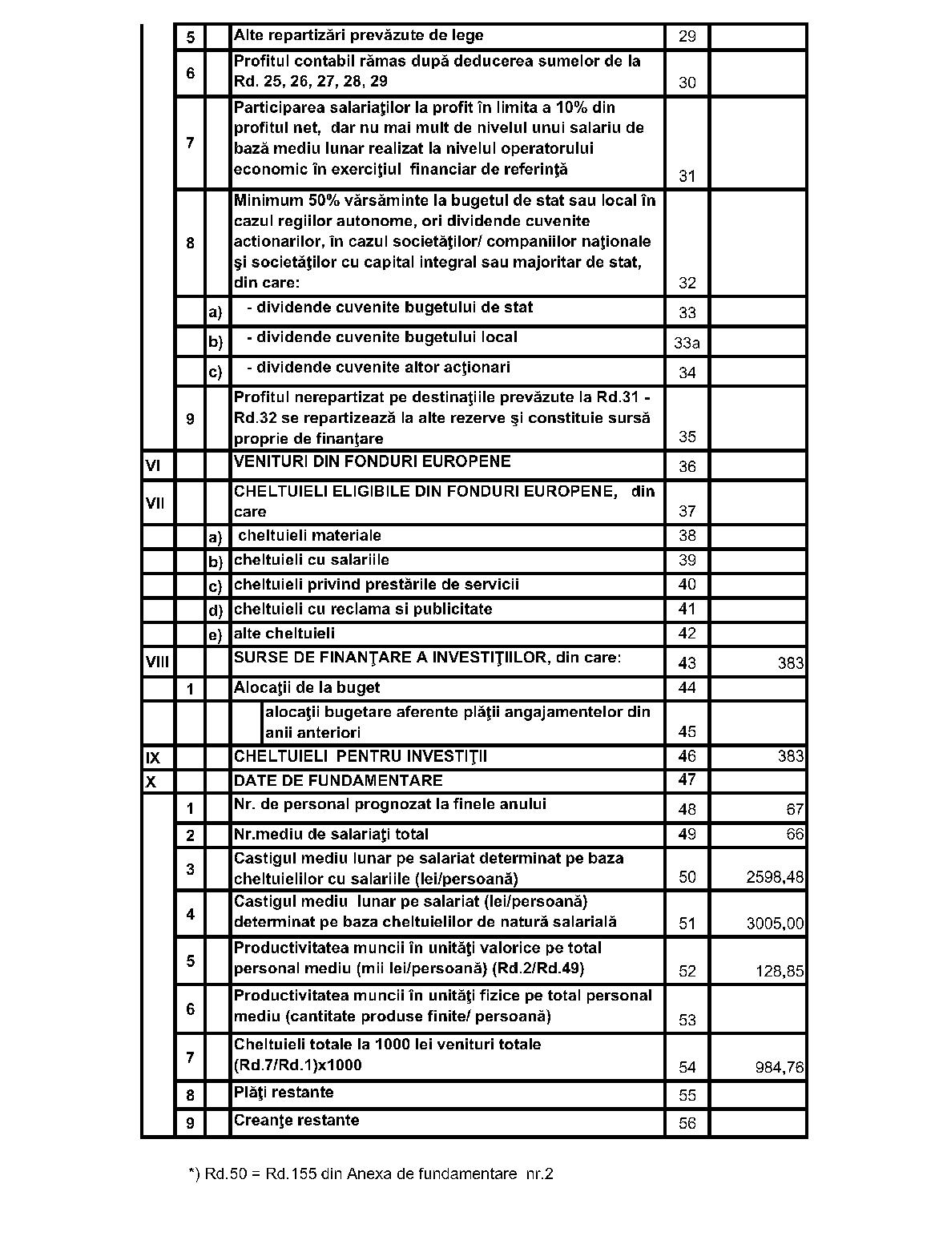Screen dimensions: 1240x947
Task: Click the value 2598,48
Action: [x=775, y=877]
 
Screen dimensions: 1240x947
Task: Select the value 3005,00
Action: [x=775, y=924]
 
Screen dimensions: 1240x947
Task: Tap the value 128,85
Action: [x=780, y=972]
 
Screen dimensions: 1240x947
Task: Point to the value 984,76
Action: [x=780, y=1067]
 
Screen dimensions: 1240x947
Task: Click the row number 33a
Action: [x=687, y=343]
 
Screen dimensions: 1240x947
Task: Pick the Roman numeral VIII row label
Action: [x=157, y=662]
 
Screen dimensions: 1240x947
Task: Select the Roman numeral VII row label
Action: [x=155, y=503]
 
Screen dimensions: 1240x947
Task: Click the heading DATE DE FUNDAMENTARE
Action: [x=337, y=780]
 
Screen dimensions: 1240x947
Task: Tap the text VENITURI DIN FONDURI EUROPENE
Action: [x=372, y=461]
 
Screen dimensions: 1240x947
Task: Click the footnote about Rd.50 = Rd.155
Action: [x=370, y=1174]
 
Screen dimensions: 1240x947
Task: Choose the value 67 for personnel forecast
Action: [x=794, y=809]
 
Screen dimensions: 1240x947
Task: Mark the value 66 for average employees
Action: [x=794, y=834]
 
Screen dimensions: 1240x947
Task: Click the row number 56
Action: [x=687, y=1123]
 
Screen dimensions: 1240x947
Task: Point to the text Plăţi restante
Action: [x=283, y=1092]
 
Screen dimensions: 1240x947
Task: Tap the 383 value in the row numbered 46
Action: [x=790, y=756]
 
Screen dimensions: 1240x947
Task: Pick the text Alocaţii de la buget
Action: [x=306, y=687]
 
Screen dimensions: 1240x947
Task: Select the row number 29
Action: [x=687, y=36]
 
